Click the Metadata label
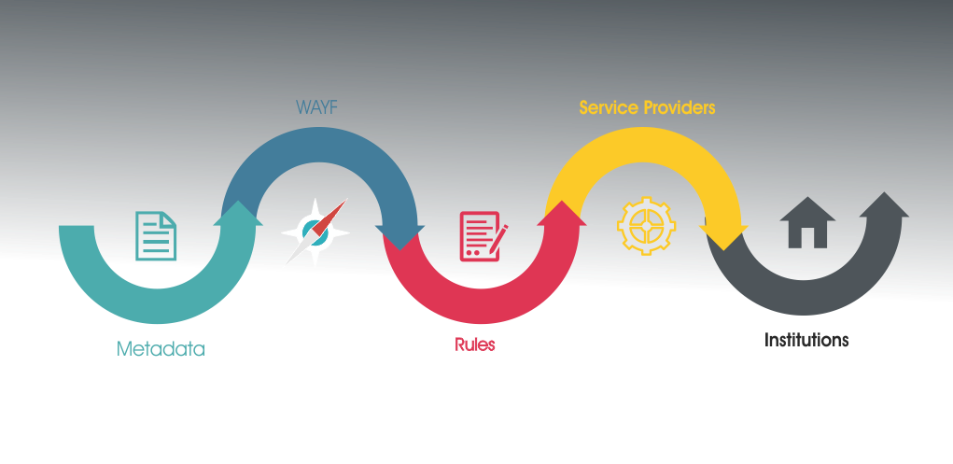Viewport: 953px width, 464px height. click(x=161, y=349)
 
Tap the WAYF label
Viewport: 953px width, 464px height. click(x=316, y=107)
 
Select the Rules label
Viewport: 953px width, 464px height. click(x=475, y=344)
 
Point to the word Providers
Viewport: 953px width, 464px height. click(x=680, y=107)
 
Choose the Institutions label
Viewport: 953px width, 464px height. click(x=806, y=340)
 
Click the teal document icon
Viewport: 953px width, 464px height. click(x=156, y=236)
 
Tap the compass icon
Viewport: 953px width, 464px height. click(x=315, y=233)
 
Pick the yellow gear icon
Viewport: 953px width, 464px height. click(x=646, y=225)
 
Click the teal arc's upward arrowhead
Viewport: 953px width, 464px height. click(x=238, y=213)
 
